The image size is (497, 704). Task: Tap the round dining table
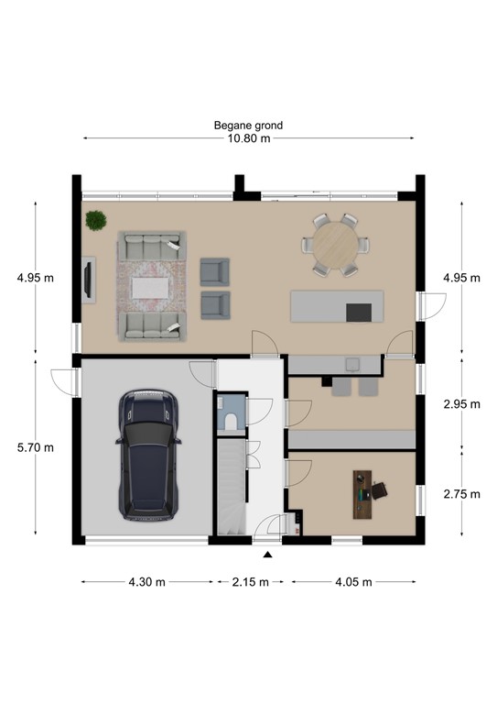332,244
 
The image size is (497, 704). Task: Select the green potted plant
95,220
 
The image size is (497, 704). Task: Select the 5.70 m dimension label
36,447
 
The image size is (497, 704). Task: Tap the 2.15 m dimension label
250,581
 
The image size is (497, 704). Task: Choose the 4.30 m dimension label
147,581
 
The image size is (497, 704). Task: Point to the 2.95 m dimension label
460,404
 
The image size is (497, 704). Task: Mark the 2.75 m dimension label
460,493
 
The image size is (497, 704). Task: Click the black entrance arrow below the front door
267,555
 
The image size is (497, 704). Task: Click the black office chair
380,492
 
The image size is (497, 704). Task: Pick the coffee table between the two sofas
151,288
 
